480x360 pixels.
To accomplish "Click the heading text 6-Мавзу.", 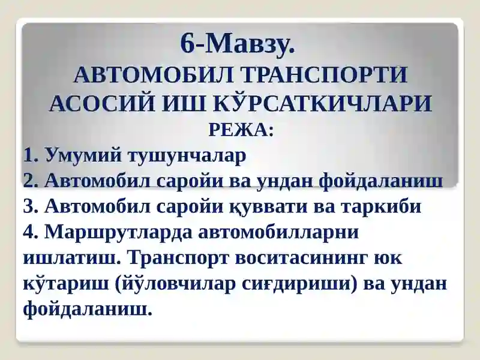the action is click(238, 43).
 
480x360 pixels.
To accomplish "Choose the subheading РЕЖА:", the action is click(241, 130).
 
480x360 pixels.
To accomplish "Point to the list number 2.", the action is click(30, 181).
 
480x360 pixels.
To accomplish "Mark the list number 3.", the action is click(30, 206).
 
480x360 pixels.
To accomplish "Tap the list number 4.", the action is click(30, 232).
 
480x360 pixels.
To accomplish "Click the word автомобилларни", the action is click(278, 233).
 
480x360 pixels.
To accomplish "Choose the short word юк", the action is click(388, 259).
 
